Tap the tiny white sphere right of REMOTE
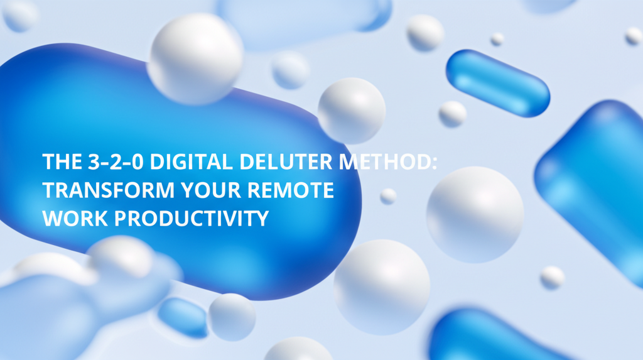click(x=388, y=196)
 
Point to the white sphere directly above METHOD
click(x=351, y=111)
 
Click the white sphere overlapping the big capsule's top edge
click(x=195, y=58)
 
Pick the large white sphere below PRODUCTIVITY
click(x=381, y=286)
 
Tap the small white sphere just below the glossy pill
click(x=452, y=114)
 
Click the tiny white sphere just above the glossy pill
click(x=497, y=39)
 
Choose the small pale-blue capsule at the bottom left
click(x=183, y=317)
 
